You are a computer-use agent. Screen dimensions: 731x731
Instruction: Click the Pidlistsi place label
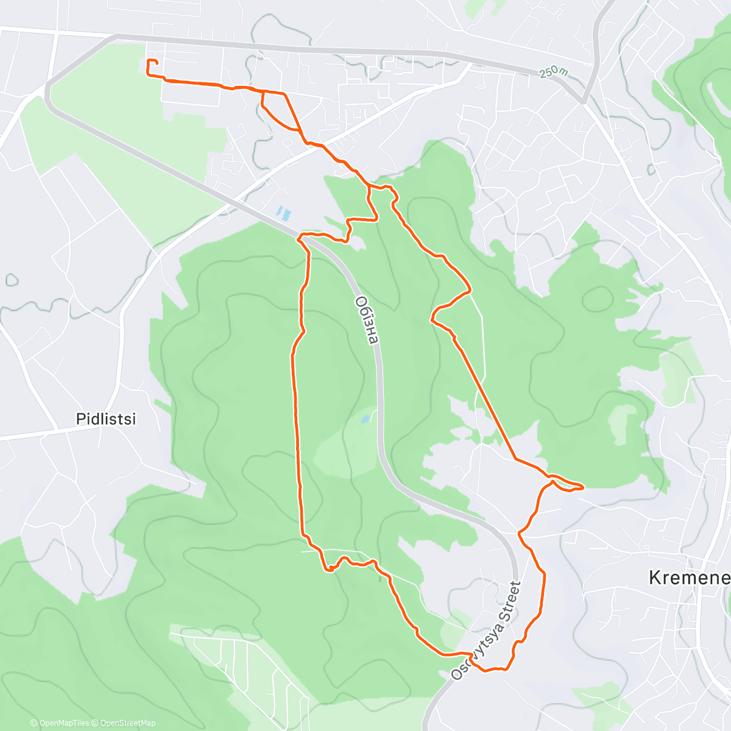click(x=105, y=419)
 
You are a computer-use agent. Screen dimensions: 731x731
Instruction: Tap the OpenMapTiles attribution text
click(x=64, y=723)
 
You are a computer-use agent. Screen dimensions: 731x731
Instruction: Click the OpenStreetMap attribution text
click(x=127, y=723)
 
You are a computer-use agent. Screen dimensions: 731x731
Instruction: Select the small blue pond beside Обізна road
click(x=365, y=419)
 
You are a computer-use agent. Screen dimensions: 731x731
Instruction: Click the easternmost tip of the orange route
click(x=583, y=487)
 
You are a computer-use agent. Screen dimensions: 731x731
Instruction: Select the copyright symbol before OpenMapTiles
click(x=34, y=723)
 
